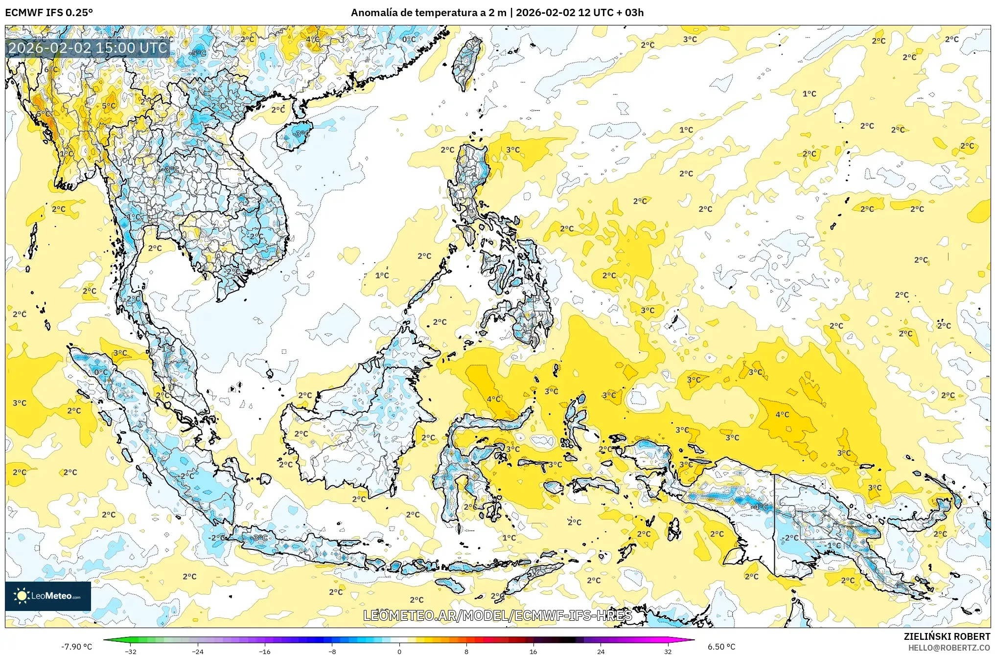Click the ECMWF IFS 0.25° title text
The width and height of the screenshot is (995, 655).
[48, 13]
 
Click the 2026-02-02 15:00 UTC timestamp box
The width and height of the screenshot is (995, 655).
[88, 48]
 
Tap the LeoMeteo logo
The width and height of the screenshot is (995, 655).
[48, 596]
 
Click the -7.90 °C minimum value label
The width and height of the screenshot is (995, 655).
[76, 647]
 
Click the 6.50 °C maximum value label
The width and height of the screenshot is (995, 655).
[721, 647]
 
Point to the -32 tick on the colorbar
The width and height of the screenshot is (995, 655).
[131, 651]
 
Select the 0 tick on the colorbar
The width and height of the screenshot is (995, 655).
[399, 651]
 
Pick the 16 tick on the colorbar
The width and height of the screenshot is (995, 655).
[533, 651]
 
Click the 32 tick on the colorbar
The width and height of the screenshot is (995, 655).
[668, 651]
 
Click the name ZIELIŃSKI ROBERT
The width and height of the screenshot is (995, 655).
[947, 636]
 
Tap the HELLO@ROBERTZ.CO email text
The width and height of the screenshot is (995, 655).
[949, 648]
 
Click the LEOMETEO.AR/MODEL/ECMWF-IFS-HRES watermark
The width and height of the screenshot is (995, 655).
[497, 615]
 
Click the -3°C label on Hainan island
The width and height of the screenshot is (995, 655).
[301, 134]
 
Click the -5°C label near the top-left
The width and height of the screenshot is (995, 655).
[198, 53]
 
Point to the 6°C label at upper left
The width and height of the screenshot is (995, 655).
[50, 69]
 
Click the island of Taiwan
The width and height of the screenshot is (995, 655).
[466, 63]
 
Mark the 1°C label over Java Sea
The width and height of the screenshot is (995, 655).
[509, 538]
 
